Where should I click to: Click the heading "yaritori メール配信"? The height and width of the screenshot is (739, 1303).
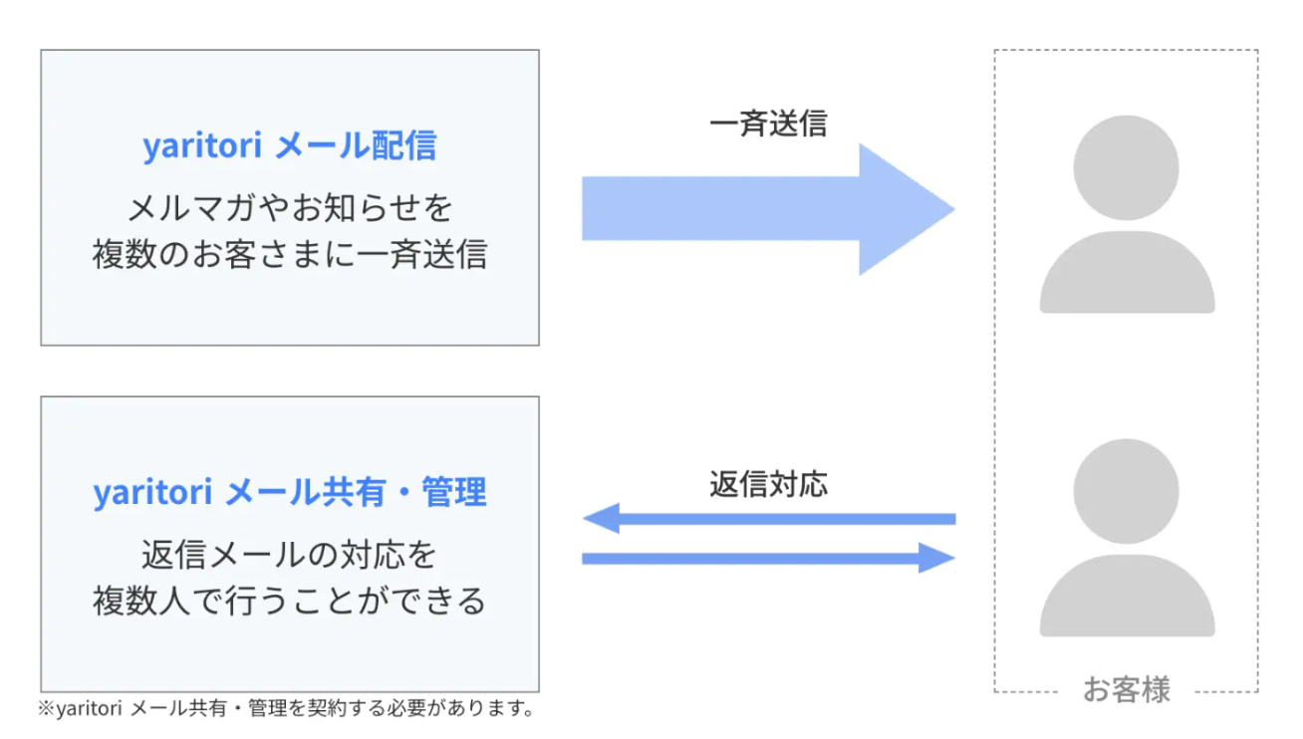click(x=290, y=144)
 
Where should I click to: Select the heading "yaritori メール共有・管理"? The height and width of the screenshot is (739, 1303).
click(x=290, y=492)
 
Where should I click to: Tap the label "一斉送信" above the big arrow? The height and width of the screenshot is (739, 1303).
click(x=768, y=123)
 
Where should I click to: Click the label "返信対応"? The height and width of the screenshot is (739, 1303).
click(x=768, y=484)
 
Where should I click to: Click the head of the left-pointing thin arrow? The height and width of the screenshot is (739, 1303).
click(x=602, y=518)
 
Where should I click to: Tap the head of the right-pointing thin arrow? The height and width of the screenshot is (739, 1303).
click(x=936, y=558)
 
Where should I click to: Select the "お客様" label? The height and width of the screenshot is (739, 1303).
click(x=1126, y=690)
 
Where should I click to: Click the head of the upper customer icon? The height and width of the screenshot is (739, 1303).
click(x=1126, y=168)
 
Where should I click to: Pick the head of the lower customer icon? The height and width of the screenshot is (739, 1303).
click(x=1126, y=491)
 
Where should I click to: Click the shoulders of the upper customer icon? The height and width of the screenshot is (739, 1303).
click(x=1128, y=272)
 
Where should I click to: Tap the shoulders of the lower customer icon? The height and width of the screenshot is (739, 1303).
click(x=1128, y=596)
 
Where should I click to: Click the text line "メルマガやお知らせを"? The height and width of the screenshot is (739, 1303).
click(x=290, y=208)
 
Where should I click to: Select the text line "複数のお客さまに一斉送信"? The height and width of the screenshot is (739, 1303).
click(x=290, y=254)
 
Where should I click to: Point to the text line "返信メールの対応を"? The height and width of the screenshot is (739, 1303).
click(x=290, y=555)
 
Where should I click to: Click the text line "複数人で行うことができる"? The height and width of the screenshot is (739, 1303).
click(x=290, y=601)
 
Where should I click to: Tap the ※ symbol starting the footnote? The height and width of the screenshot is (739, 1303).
click(x=47, y=709)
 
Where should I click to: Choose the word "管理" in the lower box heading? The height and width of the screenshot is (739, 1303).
click(x=453, y=492)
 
